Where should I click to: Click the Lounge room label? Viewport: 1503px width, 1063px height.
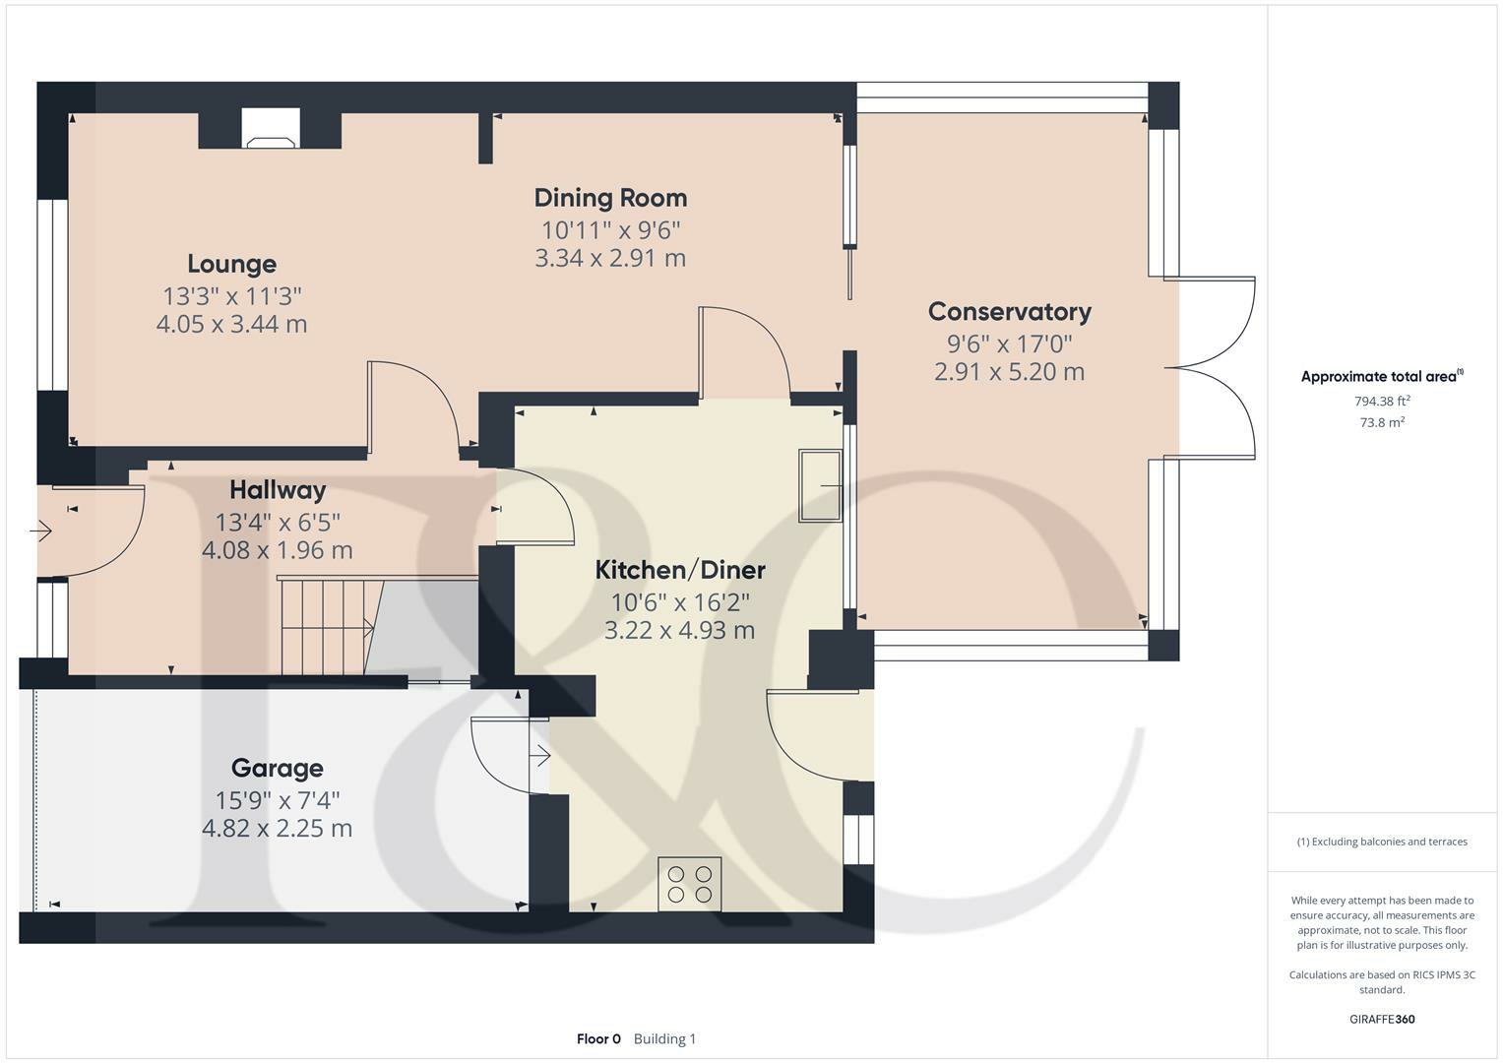point(232,264)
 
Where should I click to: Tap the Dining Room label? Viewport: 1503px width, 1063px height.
point(610,198)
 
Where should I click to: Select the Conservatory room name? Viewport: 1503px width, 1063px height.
point(1009,312)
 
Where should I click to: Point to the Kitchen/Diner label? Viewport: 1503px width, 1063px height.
point(680,570)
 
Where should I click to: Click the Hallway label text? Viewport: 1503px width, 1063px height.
point(278,490)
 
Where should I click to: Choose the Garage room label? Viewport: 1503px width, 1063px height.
point(277,769)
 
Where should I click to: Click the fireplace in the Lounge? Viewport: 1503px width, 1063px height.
point(271,130)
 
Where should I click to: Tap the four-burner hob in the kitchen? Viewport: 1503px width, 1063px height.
point(689,884)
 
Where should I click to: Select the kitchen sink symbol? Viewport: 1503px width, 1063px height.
point(820,485)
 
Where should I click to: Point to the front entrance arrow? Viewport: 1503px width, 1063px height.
point(41,531)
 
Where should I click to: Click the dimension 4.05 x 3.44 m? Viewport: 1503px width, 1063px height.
point(231,324)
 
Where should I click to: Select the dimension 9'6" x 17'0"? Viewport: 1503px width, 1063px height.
point(1009,344)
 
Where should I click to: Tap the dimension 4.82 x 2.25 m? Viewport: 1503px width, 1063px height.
point(277,829)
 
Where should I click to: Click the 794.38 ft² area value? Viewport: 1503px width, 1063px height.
point(1382,401)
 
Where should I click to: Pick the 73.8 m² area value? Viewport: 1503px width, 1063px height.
point(1382,422)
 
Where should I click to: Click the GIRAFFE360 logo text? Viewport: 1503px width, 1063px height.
point(1382,1019)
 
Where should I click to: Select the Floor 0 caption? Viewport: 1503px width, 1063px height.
point(598,1038)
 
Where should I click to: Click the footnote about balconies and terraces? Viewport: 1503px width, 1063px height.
point(1382,842)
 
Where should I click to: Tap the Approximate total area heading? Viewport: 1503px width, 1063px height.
point(1380,377)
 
